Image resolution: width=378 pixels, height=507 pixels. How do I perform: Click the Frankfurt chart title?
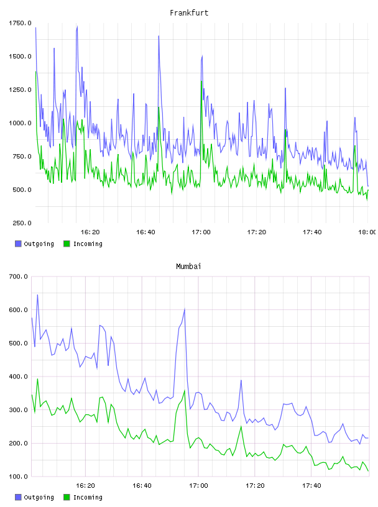coord(189,12)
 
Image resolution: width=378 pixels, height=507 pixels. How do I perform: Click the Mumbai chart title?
coord(188,266)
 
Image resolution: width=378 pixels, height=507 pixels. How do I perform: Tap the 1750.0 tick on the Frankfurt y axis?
coord(20,23)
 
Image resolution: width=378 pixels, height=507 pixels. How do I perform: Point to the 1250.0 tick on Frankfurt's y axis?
coord(20,89)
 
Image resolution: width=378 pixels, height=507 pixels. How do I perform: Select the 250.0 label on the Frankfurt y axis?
coord(22,223)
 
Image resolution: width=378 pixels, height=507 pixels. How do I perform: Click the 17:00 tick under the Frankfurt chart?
coord(201,232)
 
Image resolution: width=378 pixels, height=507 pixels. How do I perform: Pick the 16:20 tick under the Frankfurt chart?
coord(90,232)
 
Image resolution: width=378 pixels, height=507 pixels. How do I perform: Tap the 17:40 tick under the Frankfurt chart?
coord(312,232)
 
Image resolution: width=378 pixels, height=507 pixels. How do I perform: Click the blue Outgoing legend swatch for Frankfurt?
coord(18,244)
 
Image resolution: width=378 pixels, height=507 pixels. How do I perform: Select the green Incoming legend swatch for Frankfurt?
coord(67,244)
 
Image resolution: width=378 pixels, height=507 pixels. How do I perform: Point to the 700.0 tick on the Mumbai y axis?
coord(18,276)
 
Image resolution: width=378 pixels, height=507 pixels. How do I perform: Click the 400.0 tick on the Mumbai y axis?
coord(18,377)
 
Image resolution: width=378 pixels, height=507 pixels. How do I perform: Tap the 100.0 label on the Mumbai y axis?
coord(18,477)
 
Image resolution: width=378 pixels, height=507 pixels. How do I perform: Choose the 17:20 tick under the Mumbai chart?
coord(255,485)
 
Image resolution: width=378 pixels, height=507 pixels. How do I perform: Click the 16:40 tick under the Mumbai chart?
coord(142,485)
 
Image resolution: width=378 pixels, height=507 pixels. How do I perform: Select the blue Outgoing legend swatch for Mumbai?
coord(18,497)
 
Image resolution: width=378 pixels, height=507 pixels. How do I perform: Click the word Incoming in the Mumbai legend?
coord(88,497)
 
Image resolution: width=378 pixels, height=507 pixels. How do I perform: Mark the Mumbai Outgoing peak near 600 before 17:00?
coord(185,309)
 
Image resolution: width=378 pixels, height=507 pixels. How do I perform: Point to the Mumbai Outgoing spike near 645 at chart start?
coord(37,295)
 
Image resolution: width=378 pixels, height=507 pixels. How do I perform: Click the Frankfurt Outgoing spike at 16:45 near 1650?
coord(159,36)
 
